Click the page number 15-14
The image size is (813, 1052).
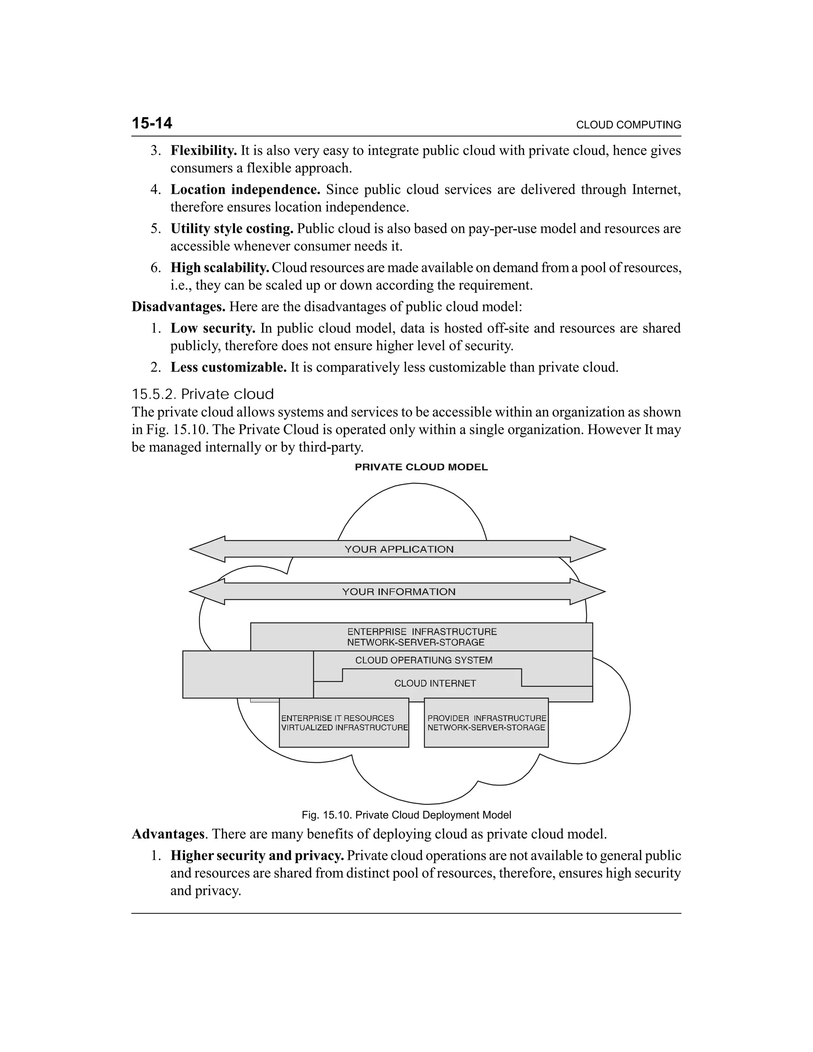[x=152, y=123]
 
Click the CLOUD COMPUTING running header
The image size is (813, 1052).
[x=628, y=125]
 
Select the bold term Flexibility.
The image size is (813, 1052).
[x=203, y=151]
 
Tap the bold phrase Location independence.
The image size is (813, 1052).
[x=245, y=190]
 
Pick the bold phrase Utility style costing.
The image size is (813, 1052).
[x=232, y=229]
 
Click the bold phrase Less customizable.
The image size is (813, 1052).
[x=228, y=368]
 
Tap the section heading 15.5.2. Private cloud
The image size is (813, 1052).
[x=203, y=394]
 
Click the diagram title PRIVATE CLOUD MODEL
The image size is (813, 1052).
[x=421, y=467]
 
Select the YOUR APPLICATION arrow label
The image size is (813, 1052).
[x=399, y=549]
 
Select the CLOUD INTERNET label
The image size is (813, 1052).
[x=435, y=684]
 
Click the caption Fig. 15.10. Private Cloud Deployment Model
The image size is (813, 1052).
[x=406, y=815]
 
